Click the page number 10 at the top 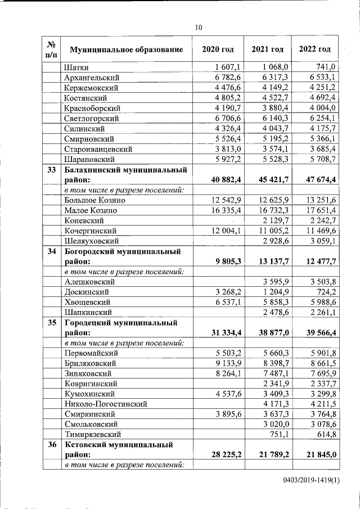click(199, 27)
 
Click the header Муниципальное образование click(126, 49)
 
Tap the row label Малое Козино click(91, 210)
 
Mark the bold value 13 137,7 click(270, 261)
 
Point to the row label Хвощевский click(89, 302)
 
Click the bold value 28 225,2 click(222, 455)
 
